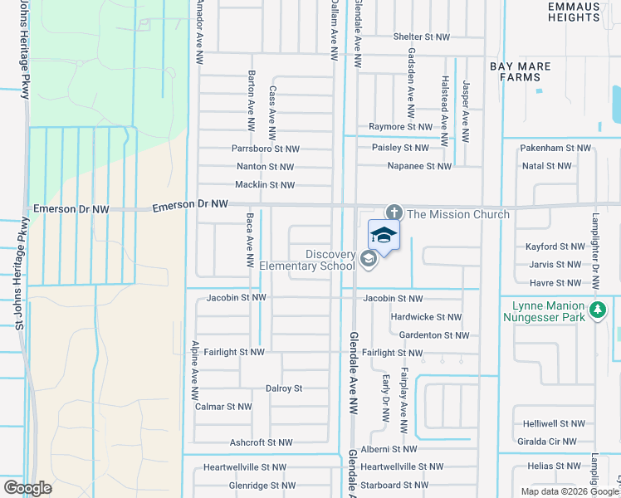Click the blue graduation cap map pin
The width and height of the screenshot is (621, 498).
point(383,236)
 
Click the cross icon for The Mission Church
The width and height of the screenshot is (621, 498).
point(394,213)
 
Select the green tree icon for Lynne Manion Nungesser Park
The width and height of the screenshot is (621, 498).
point(595,310)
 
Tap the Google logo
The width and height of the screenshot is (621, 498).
point(27,488)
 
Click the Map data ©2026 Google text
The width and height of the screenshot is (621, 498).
point(569,491)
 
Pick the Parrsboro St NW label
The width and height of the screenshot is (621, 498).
point(265,149)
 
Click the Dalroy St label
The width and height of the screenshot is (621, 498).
point(283,388)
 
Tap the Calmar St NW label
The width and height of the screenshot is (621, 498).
point(222,407)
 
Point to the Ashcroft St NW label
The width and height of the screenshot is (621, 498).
point(261,442)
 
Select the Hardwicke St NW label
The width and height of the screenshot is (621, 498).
point(426,317)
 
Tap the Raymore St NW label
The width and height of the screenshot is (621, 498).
point(401,127)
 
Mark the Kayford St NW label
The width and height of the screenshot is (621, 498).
point(555,247)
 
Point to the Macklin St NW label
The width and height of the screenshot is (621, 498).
point(265,185)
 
